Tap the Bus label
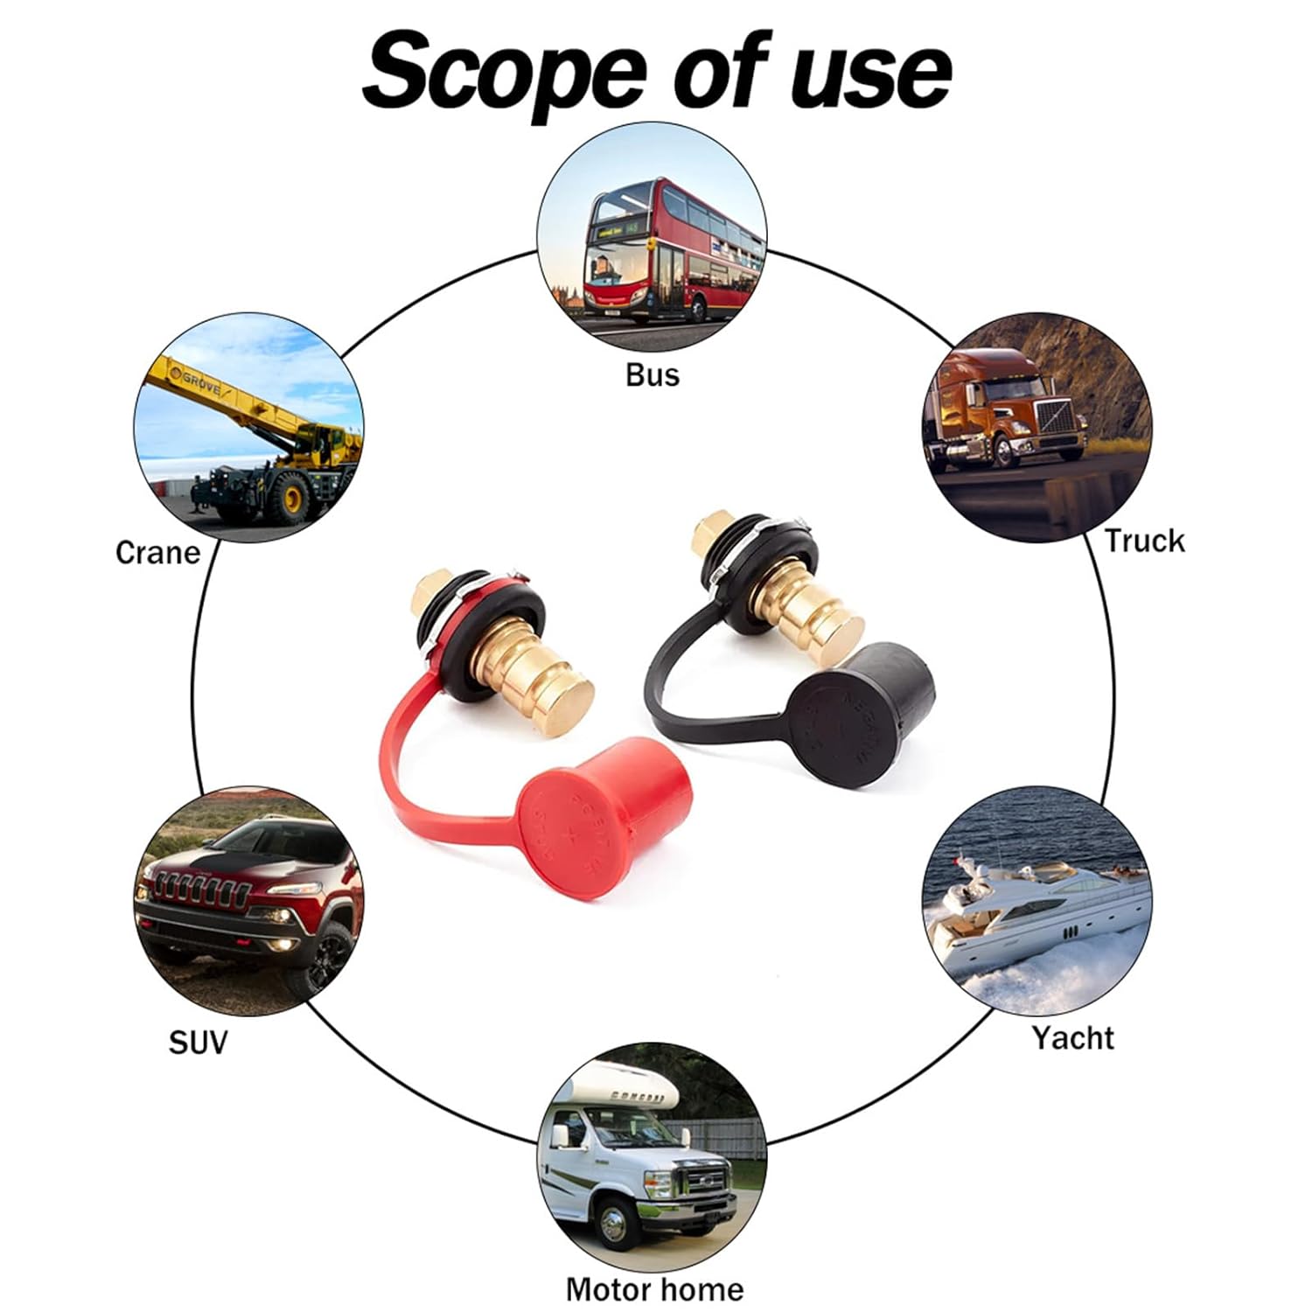tap(653, 374)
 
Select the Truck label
tap(1143, 541)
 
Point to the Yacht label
tap(1072, 1037)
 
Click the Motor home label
tap(654, 1288)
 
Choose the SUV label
tap(198, 1042)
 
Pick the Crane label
tap(157, 552)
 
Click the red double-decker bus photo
tap(652, 237)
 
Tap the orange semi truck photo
tap(1038, 428)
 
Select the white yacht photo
tap(1037, 901)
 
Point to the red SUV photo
tap(248, 900)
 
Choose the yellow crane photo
tap(248, 428)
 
